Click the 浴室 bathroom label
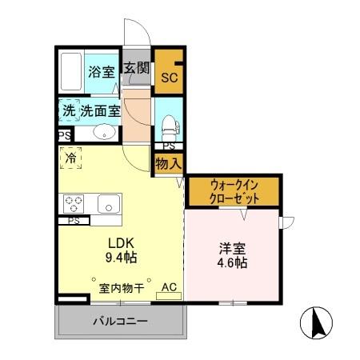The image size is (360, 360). tap(100, 71)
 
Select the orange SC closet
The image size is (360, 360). tap(169, 78)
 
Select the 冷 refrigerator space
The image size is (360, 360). tap(70, 159)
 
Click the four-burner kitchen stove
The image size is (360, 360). tap(74, 203)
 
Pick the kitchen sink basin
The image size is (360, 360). tap(108, 203)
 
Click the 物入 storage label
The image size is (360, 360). tap(169, 162)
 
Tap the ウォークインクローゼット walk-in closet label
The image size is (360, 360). tap(234, 190)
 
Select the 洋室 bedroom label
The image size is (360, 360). tap(231, 248)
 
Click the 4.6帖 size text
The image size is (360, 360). tap(231, 262)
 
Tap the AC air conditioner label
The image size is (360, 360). tap(169, 286)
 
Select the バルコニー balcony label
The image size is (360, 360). tap(119, 322)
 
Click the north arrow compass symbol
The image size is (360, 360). tap(315, 323)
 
